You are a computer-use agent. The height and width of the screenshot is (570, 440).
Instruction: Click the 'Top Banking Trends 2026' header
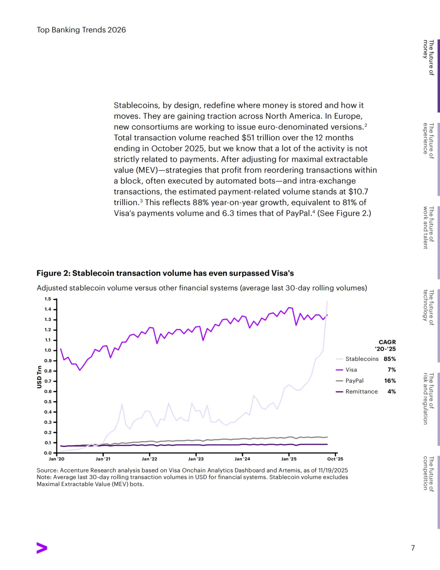[81, 30]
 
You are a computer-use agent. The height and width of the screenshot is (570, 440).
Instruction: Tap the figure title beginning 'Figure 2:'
[165, 273]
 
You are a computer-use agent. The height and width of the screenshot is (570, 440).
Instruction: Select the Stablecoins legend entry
[362, 359]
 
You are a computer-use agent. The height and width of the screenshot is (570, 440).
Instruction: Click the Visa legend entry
[351, 370]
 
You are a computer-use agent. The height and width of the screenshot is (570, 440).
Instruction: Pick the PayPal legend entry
[354, 381]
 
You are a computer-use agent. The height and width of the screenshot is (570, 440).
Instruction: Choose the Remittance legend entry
[361, 391]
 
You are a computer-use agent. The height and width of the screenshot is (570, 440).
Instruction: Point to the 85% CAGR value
[389, 359]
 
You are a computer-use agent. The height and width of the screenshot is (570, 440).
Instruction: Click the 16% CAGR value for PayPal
[390, 381]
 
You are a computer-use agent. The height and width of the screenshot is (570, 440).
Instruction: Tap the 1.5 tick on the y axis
[48, 299]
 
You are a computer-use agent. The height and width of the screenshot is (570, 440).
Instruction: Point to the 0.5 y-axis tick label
[48, 402]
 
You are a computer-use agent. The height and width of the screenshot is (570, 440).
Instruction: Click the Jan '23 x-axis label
[196, 459]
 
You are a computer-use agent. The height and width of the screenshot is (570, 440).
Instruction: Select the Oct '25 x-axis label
[335, 459]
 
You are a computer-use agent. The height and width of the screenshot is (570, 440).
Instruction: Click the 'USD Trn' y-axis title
[40, 377]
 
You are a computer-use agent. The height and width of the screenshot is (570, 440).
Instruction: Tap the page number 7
[413, 548]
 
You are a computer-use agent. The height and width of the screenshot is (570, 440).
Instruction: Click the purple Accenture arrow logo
[42, 548]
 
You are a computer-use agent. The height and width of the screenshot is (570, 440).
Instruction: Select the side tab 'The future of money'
[429, 57]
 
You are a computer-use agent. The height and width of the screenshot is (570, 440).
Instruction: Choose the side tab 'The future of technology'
[429, 307]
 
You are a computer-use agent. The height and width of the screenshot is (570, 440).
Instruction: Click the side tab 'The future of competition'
[429, 474]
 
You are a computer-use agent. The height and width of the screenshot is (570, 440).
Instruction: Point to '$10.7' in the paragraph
[358, 192]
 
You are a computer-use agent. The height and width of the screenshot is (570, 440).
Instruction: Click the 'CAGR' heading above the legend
[387, 342]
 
